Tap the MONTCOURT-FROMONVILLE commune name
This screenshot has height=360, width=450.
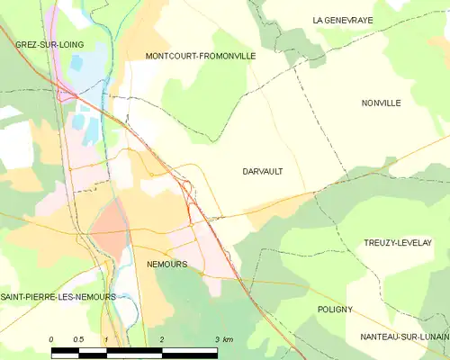[201, 56]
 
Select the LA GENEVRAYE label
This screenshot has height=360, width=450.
[343, 20]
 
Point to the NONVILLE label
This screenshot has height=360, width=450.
[380, 103]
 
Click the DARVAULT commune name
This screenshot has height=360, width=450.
[263, 170]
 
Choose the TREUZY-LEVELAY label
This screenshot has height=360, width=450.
[398, 243]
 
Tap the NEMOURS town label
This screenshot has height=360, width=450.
[166, 265]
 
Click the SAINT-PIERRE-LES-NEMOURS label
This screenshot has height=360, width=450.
[58, 297]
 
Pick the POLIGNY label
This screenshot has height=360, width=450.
[335, 309]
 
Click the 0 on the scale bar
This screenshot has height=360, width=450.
[51, 339]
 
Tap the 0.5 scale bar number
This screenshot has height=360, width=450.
[78, 339]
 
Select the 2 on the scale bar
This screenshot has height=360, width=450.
[162, 339]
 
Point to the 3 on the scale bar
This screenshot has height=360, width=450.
[216, 339]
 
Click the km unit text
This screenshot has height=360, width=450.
[229, 339]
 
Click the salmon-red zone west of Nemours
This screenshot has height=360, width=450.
[111, 220]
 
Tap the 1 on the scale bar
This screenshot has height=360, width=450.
[106, 339]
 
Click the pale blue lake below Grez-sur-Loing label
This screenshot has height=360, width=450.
[77, 68]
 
